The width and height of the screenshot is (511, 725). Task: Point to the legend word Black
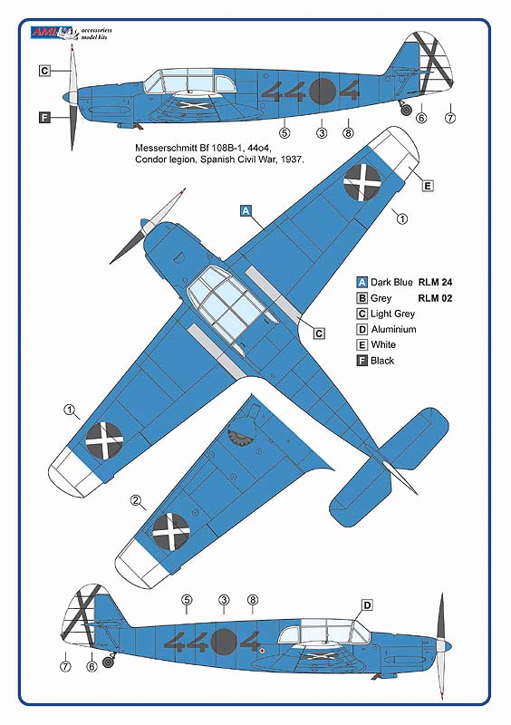click(x=382, y=360)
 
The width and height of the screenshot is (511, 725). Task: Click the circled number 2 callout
click(x=136, y=499)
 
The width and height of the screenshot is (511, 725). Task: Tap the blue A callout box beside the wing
click(x=246, y=210)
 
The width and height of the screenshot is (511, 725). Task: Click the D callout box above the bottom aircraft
click(x=367, y=605)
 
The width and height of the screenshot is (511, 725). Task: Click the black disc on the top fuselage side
click(x=323, y=92)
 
